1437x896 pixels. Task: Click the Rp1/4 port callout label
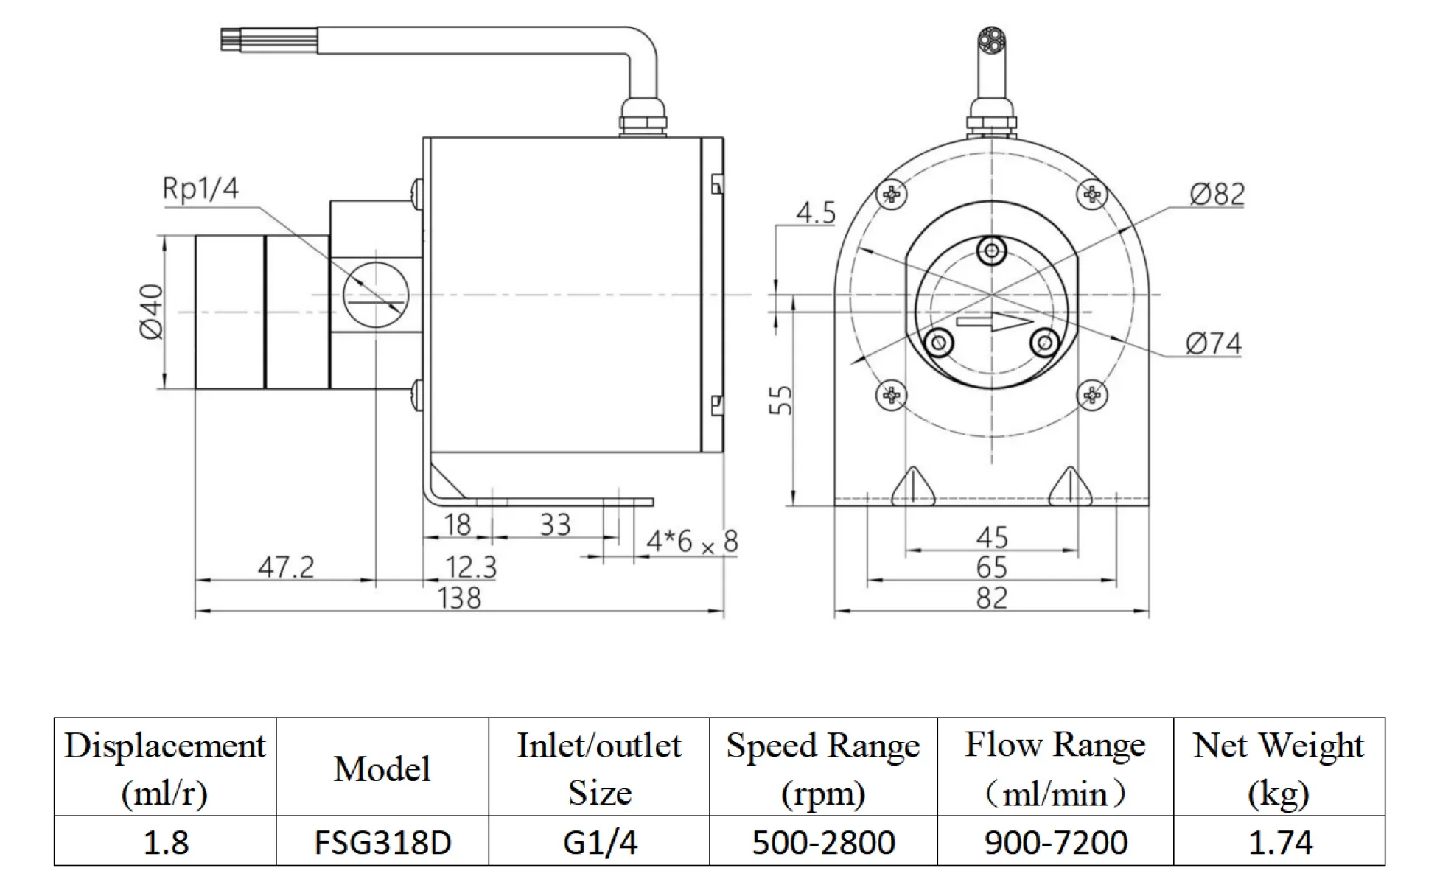200,189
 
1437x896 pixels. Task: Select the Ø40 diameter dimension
152,312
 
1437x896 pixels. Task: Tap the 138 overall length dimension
459,598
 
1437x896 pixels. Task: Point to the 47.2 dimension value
286,567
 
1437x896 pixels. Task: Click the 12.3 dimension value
471,567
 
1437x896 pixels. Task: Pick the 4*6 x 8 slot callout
691,542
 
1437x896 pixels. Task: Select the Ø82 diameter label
1217,194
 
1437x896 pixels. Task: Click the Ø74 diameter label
1213,343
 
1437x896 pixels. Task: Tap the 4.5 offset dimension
816,213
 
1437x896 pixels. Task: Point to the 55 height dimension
780,399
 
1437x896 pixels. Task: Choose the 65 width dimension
991,567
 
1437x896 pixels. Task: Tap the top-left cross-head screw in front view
892,195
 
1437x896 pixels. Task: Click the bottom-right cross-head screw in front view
1092,396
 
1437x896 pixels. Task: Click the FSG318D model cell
382,842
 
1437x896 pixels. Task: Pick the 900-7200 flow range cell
1055,842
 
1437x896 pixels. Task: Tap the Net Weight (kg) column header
1279,768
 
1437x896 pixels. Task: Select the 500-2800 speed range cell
823,842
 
